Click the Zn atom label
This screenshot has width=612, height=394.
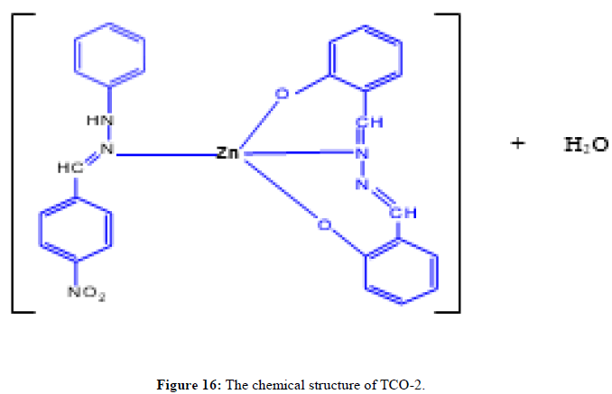227,154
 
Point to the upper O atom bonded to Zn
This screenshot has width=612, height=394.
280,94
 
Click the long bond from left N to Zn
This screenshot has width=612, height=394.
162,154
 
